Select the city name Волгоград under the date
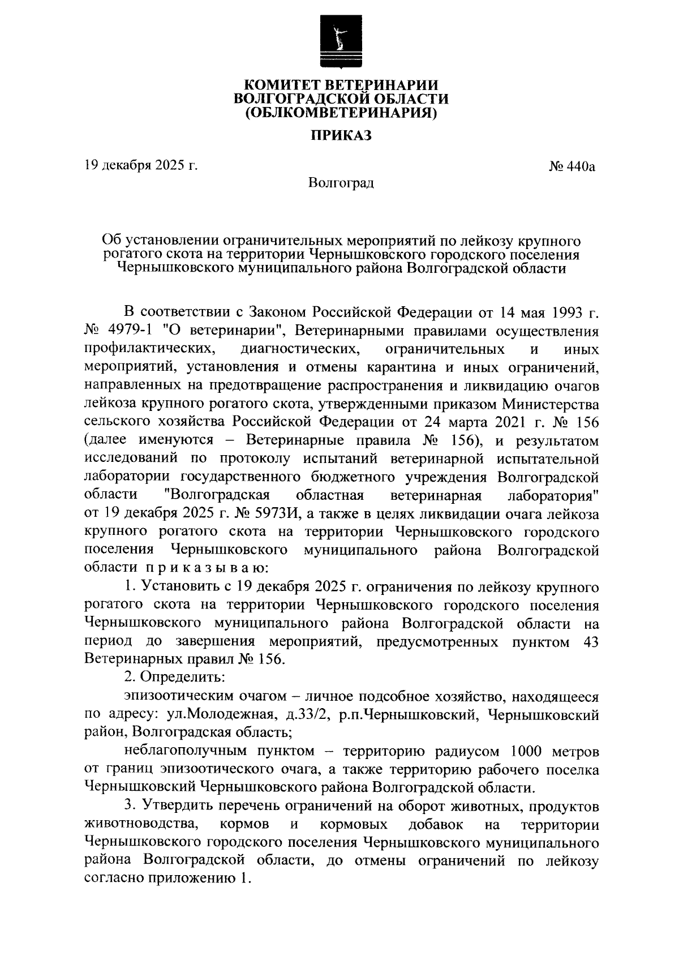(341, 183)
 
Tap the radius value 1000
(528, 752)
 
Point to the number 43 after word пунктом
(590, 641)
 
